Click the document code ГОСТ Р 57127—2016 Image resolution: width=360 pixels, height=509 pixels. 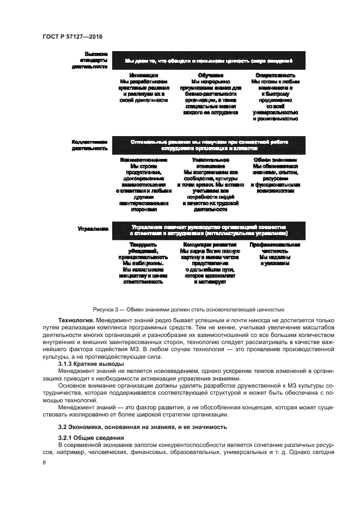(72, 36)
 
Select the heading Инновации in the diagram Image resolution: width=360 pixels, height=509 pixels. (144, 75)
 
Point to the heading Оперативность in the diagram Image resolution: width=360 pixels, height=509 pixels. (275, 75)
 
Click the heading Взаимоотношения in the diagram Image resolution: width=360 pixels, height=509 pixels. (144, 161)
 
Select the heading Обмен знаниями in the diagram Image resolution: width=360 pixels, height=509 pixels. (275, 161)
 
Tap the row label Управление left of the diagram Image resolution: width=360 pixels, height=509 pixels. (92, 230)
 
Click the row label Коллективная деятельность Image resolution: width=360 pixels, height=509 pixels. (89, 145)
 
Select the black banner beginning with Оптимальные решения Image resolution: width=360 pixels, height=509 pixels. (209, 145)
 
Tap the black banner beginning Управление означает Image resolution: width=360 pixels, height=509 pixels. (209, 230)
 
